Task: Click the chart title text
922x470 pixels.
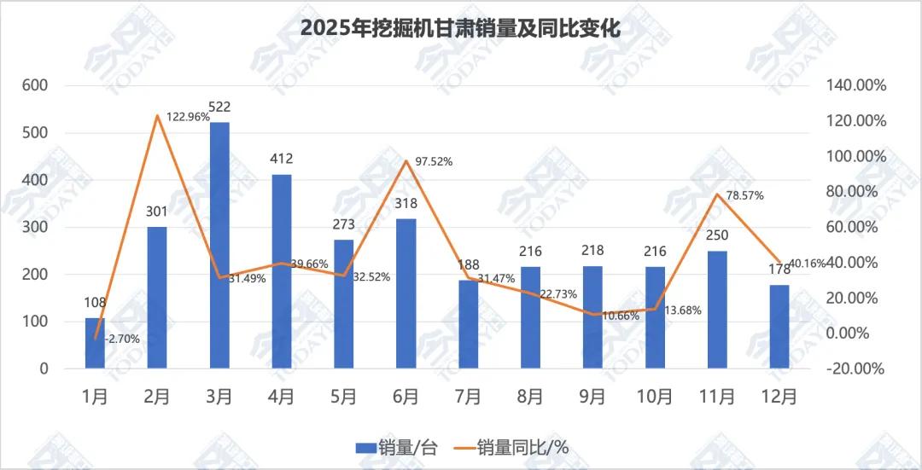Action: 460,28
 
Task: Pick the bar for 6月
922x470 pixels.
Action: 406,293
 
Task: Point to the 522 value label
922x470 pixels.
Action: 219,107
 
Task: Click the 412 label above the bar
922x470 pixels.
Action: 282,159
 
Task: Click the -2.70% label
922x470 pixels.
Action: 122,339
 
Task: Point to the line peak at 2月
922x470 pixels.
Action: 158,115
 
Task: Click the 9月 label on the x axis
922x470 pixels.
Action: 592,397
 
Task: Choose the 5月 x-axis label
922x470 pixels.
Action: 344,397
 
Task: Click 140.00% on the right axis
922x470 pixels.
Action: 856,86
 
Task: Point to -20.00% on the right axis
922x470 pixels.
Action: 856,369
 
